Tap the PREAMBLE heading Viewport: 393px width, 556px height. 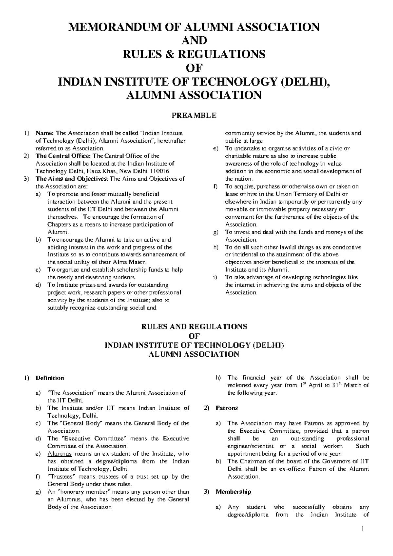pos(196,115)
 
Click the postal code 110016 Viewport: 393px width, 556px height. pos(159,171)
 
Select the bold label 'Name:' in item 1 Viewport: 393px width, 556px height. pos(45,133)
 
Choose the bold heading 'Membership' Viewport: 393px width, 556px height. pos(233,492)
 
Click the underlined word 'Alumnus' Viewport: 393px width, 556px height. pos(59,454)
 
